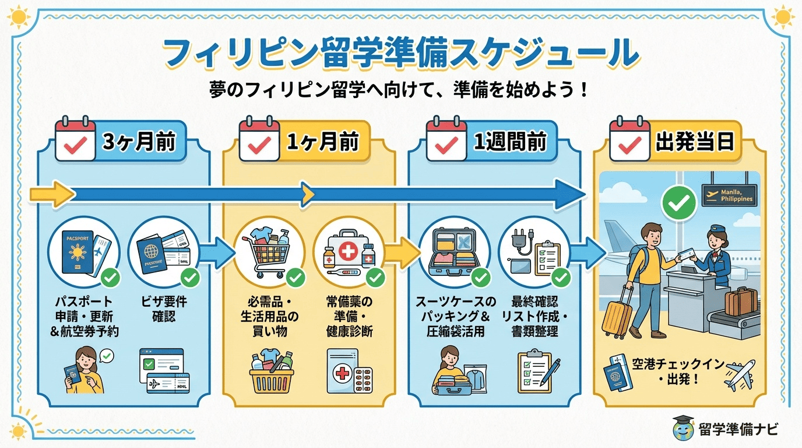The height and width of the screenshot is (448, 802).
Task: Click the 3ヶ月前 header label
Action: point(138,142)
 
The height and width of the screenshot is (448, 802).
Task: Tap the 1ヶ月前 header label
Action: point(322,142)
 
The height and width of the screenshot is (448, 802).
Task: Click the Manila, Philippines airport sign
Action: point(729,195)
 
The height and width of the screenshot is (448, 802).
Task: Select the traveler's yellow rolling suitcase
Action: point(618,313)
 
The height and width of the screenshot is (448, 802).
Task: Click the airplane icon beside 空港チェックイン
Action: point(740,374)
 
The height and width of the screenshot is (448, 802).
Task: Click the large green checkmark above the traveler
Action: point(678,203)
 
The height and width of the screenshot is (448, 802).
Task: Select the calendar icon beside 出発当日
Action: point(629,140)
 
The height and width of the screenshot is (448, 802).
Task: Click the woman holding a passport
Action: point(83,369)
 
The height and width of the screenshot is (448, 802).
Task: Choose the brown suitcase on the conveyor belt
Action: point(741,302)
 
